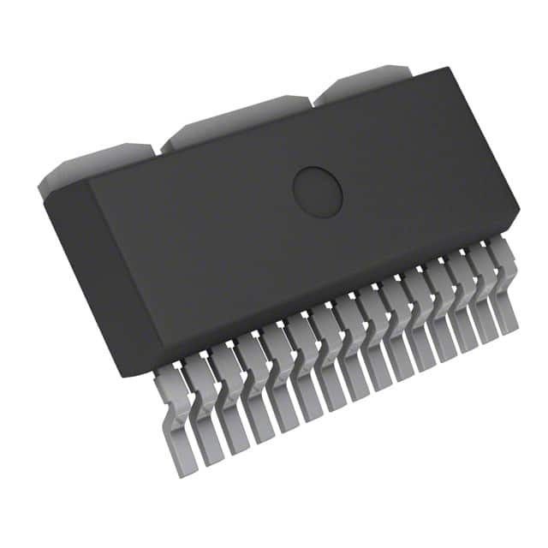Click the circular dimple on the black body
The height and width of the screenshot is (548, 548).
click(318, 191)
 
